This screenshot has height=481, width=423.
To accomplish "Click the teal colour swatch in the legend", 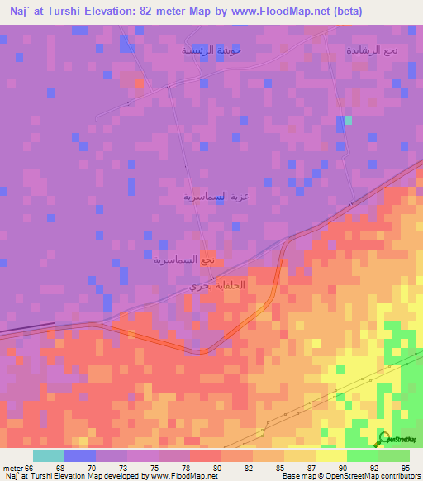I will (49, 455).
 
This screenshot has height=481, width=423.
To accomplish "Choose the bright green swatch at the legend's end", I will (394, 455).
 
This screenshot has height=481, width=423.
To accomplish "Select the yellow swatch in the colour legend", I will (331, 455).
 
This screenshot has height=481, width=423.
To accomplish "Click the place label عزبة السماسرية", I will (216, 197).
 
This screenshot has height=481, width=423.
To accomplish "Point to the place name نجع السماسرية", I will (184, 260).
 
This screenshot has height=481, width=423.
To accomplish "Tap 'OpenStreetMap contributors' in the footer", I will (385, 476).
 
